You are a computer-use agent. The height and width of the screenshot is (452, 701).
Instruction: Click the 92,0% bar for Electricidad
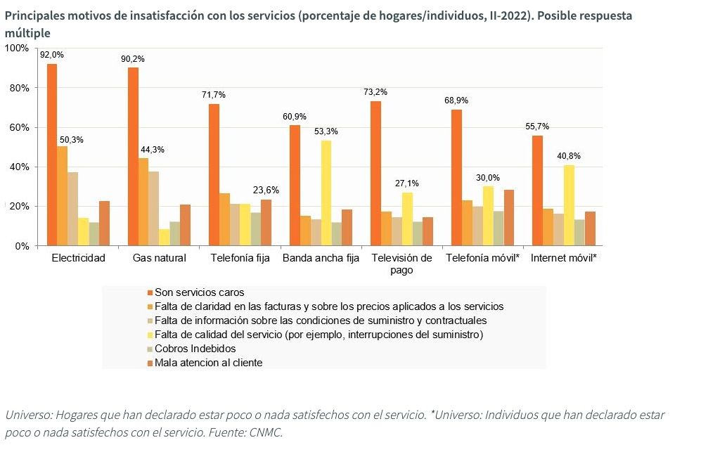pyautogui.click(x=52, y=155)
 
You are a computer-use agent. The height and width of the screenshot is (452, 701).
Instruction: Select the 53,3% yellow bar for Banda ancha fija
pyautogui.click(x=326, y=193)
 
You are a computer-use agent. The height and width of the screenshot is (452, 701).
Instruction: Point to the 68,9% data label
pyautogui.click(x=456, y=101)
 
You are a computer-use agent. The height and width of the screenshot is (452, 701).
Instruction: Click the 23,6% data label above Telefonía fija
pyautogui.click(x=265, y=190)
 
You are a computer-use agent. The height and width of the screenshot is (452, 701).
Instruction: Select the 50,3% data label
pyautogui.click(x=71, y=140)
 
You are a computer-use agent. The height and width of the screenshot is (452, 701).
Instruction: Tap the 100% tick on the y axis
pyautogui.click(x=16, y=48)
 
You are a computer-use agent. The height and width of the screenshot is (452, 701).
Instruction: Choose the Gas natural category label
pyautogui.click(x=160, y=258)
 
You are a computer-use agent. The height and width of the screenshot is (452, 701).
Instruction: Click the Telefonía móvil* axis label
pyautogui.click(x=482, y=258)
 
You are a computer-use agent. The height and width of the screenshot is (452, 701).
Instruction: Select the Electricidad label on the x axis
pyautogui.click(x=78, y=258)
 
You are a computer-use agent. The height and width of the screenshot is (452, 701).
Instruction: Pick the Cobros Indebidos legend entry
pyautogui.click(x=195, y=349)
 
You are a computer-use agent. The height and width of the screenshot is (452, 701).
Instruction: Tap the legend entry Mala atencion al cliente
pyautogui.click(x=208, y=363)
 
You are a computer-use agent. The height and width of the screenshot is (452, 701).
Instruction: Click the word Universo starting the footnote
pyautogui.click(x=27, y=415)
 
